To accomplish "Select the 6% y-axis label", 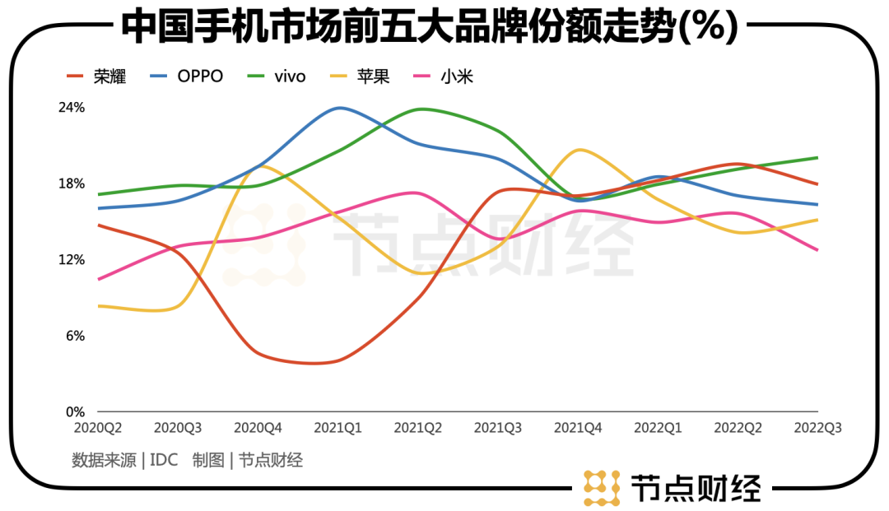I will click(x=75, y=336).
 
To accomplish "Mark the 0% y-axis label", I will click(x=75, y=411).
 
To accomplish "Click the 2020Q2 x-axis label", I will click(x=98, y=429).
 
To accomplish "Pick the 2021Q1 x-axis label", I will click(x=338, y=429).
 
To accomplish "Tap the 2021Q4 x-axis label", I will click(x=578, y=429).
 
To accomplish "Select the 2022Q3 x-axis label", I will click(x=817, y=429).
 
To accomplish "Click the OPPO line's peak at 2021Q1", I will click(x=338, y=108).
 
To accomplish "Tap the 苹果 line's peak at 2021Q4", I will click(x=579, y=150).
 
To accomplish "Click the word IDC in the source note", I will click(x=164, y=460).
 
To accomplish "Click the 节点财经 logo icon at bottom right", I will click(x=601, y=488).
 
